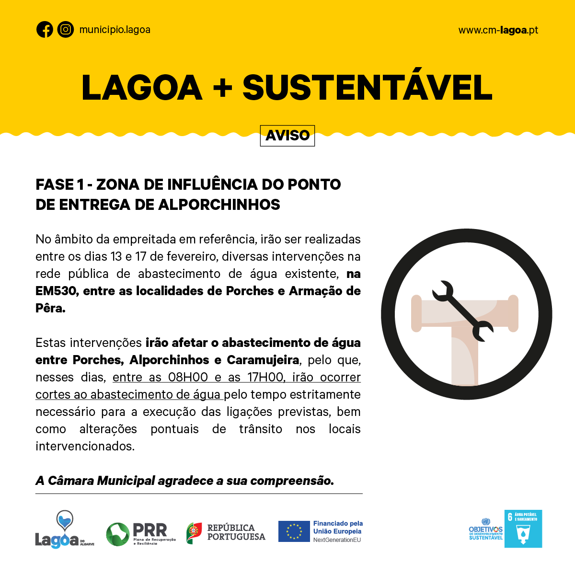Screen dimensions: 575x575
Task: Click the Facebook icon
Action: pos(45,30)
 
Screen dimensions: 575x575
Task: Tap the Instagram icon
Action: pos(66,30)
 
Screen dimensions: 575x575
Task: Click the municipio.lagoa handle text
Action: pos(115,30)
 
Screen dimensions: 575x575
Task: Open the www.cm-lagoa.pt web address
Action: pos(498,30)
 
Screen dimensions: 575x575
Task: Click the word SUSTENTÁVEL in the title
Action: pos(368,88)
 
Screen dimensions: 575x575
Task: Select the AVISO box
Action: pos(287,136)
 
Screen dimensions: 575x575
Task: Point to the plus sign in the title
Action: pos(222,88)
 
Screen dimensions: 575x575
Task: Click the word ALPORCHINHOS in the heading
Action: pos(219,205)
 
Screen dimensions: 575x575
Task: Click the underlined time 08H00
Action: pos(188,377)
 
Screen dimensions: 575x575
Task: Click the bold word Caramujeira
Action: pos(263,360)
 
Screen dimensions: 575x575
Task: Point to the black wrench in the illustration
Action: pos(462,310)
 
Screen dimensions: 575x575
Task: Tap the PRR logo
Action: pos(140,534)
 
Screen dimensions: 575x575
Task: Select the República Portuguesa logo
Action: pos(226,532)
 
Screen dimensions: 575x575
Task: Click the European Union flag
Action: pos(294,531)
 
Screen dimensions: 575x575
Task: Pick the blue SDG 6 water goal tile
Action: pos(523,529)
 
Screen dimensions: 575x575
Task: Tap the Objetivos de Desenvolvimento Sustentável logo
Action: pos(485,529)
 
